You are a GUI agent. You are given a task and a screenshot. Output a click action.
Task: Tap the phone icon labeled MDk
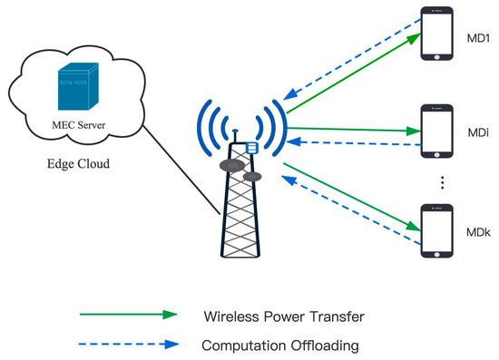[x=441, y=232]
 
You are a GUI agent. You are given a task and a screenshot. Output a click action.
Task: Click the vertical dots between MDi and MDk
[x=442, y=184]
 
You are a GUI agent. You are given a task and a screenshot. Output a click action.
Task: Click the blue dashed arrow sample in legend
[x=127, y=344]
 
